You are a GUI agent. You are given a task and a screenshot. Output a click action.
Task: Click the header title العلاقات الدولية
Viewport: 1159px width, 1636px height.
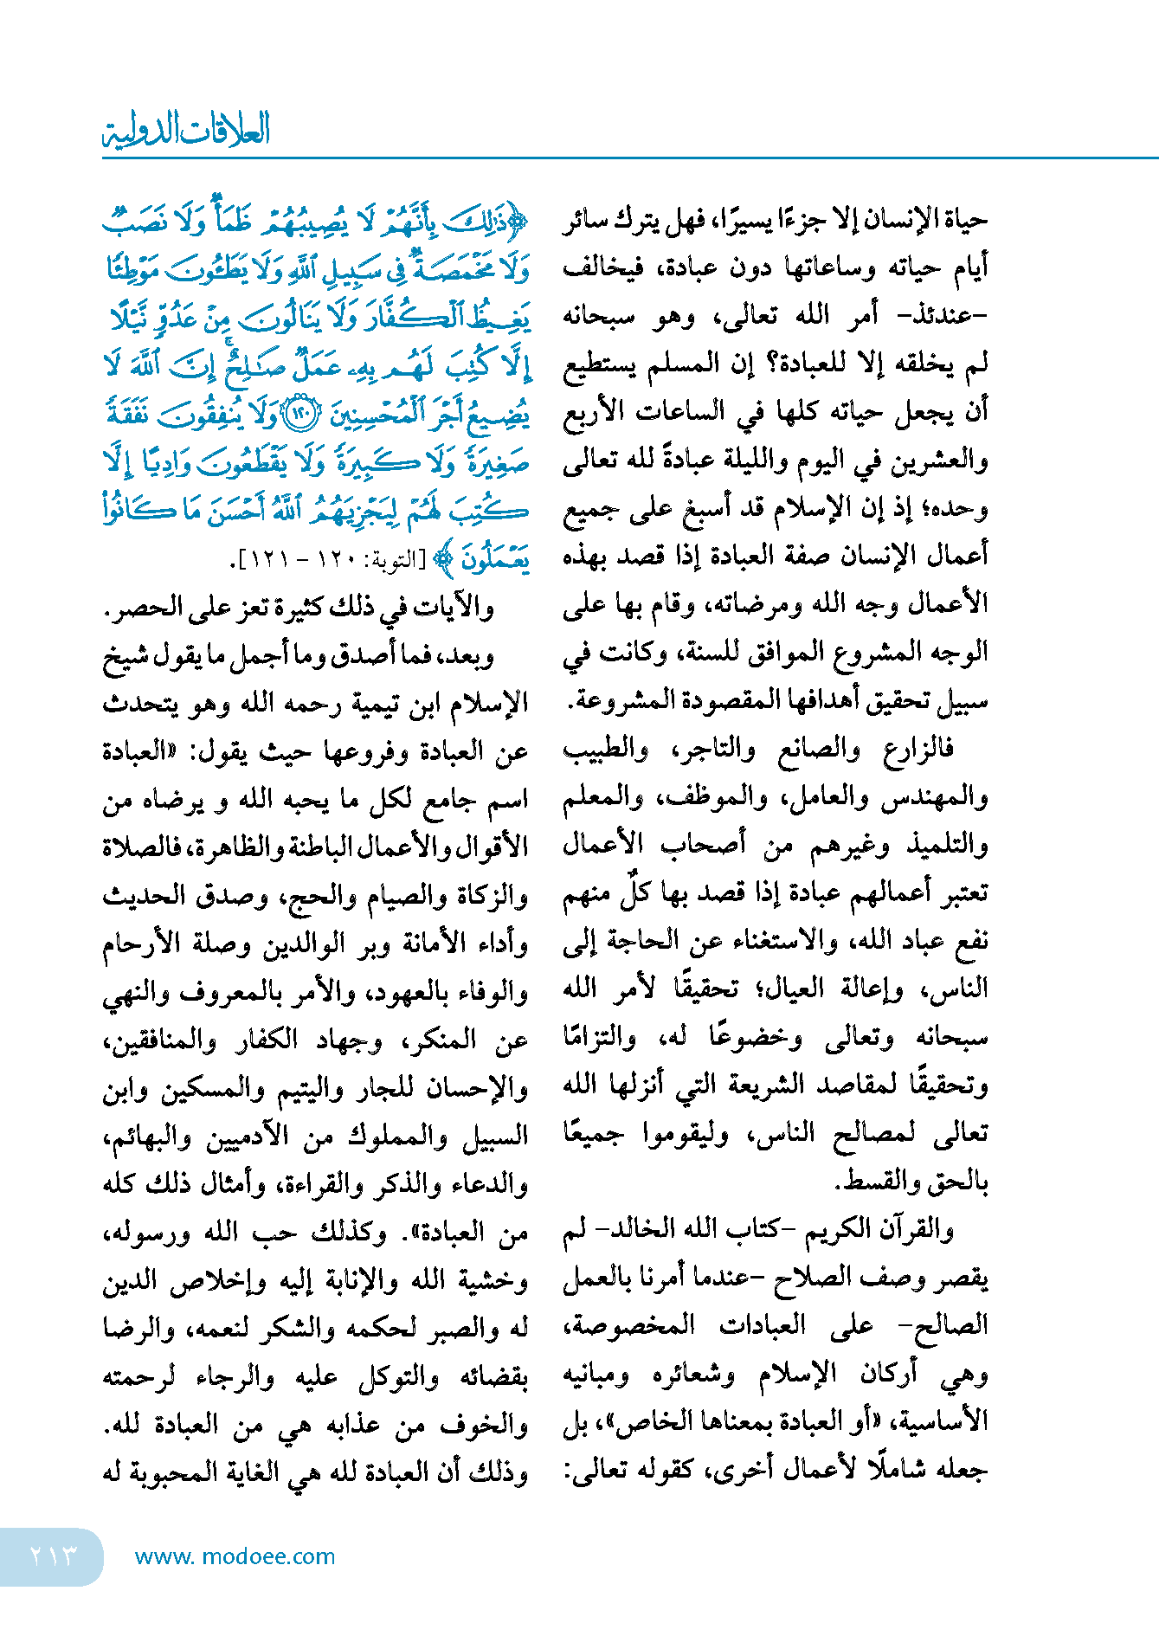pyautogui.click(x=187, y=131)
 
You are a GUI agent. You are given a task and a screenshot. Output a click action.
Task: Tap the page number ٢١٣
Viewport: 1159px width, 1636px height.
pyautogui.click(x=53, y=1555)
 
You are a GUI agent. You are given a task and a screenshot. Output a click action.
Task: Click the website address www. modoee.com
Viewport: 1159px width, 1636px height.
pyautogui.click(x=235, y=1556)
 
